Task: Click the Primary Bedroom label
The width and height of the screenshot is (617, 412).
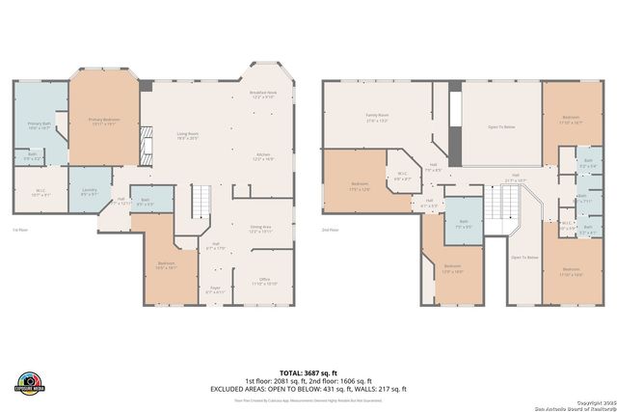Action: point(102,122)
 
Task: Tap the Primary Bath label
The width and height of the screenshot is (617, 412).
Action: point(40,124)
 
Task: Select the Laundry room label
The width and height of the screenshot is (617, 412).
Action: point(89,191)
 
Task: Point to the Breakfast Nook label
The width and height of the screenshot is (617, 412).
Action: point(264,95)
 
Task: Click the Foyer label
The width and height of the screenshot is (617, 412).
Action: point(215,288)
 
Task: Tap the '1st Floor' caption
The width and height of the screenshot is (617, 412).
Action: point(19,230)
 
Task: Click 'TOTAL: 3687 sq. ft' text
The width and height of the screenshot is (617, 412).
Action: point(308,371)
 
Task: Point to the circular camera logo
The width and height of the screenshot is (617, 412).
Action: point(30,381)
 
